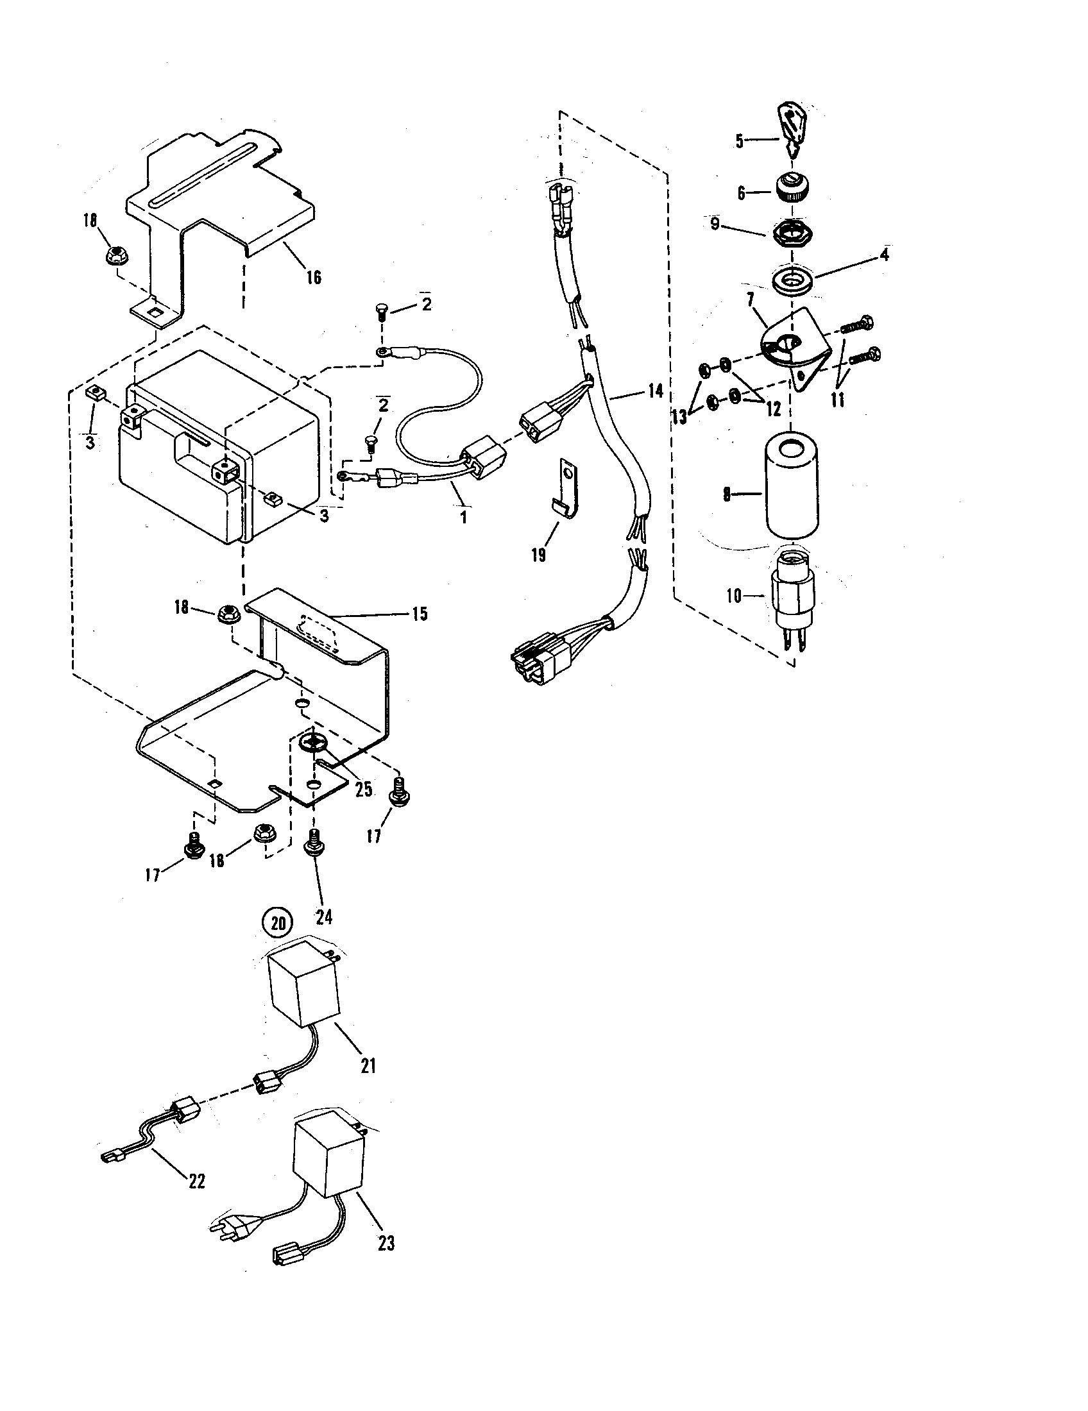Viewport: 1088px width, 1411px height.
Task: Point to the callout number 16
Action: [x=313, y=278]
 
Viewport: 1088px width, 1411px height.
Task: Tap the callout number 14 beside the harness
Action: [x=655, y=390]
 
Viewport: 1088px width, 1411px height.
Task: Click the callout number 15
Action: [x=420, y=614]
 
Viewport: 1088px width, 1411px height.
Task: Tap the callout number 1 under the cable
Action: [x=463, y=518]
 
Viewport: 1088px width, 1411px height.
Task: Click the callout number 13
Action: [x=679, y=417]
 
